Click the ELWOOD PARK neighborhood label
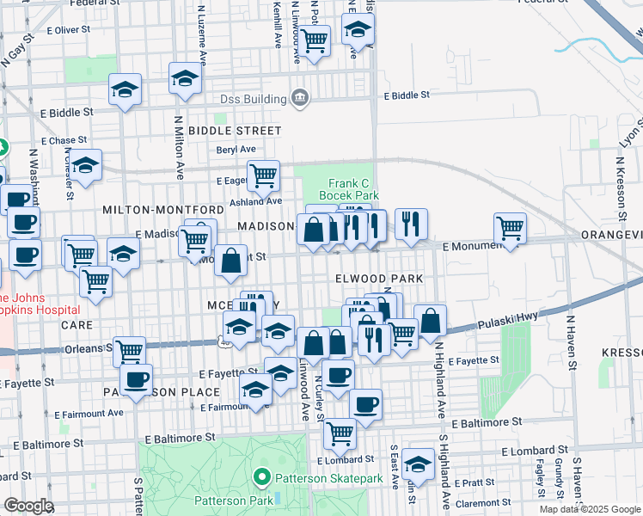(x=379, y=279)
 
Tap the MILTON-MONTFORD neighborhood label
(x=163, y=210)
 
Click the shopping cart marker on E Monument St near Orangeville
(x=510, y=227)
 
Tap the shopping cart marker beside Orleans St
(x=129, y=350)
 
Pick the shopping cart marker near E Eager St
(x=264, y=175)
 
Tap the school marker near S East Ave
(x=418, y=464)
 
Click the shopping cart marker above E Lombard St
(x=340, y=433)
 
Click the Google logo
(x=29, y=506)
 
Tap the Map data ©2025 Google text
(x=590, y=509)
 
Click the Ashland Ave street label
(x=254, y=201)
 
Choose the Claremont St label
(x=484, y=502)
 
